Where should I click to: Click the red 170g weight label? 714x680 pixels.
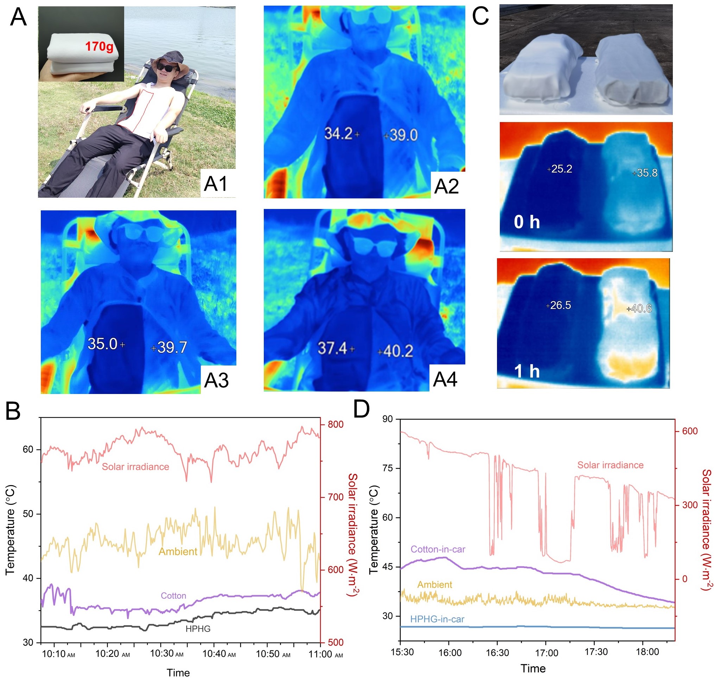coord(99,47)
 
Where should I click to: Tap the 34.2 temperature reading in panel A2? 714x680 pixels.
coord(338,134)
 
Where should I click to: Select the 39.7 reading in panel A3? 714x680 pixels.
coord(172,348)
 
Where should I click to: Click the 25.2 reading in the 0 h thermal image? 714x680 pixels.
coord(561,169)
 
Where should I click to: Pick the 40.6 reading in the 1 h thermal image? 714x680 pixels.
coord(641,309)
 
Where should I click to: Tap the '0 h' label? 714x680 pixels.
coord(527,222)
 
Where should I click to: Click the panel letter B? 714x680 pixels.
coord(13,411)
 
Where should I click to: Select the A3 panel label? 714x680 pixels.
coord(216,380)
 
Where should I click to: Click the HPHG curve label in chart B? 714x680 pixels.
coord(198,629)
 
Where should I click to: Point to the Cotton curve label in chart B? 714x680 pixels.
coord(173,596)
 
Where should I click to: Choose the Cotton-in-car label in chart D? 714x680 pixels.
coord(438,549)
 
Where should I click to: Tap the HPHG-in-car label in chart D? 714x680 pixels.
coord(437,619)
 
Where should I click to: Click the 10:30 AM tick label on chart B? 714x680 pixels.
coord(167,654)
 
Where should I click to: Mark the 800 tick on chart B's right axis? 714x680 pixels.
coord(336,425)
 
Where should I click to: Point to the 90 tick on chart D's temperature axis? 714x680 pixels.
coord(388,419)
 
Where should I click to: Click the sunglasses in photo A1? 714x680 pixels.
coord(167,68)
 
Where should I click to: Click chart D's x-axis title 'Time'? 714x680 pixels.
coord(533,668)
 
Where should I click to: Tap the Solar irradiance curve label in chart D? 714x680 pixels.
coord(610,465)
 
